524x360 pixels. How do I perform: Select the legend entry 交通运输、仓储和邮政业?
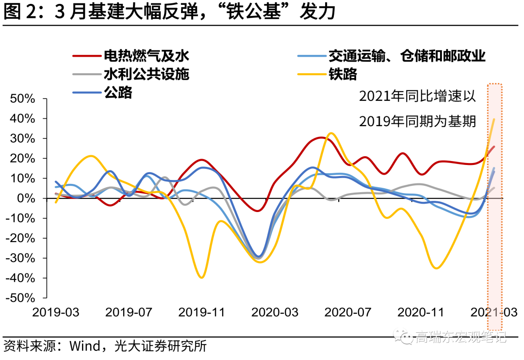[x=407, y=56]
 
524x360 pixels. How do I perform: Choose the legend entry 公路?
[x=117, y=92]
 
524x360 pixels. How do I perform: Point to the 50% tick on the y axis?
[x=22, y=98]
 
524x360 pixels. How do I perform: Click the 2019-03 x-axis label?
[x=55, y=312]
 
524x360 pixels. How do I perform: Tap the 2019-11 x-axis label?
[x=201, y=312]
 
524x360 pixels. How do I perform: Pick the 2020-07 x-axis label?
[x=347, y=312]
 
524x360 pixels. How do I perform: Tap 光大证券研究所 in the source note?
[x=160, y=346]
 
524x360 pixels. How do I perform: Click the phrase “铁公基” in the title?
[x=255, y=13]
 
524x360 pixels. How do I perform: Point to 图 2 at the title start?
[x=20, y=13]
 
